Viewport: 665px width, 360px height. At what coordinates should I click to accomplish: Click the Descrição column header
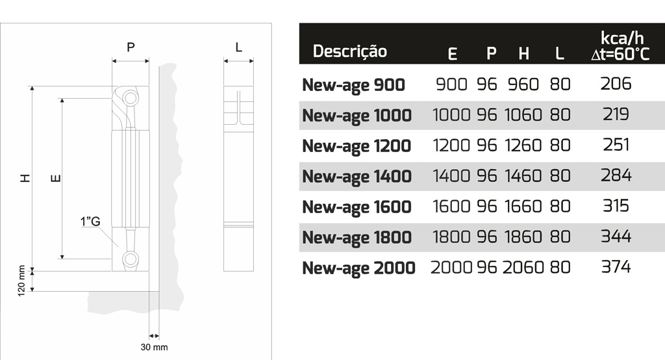(350, 51)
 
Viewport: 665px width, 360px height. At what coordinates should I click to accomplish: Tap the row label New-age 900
(353, 85)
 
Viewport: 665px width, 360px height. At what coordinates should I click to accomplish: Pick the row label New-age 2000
(358, 268)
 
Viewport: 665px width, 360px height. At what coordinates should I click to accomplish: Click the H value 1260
(523, 145)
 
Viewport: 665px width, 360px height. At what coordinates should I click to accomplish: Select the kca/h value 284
(616, 175)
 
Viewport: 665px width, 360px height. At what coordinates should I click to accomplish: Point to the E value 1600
(451, 207)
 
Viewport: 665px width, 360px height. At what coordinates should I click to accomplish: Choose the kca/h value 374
(616, 267)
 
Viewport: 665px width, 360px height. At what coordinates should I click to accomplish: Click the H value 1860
(523, 237)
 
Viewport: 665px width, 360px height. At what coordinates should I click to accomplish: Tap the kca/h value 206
(616, 84)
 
